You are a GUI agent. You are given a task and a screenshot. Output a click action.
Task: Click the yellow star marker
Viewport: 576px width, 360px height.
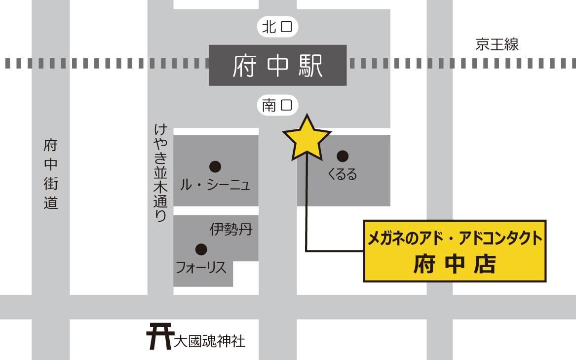coord(307,139)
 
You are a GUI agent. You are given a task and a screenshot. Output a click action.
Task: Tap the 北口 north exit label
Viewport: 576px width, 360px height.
coord(278,27)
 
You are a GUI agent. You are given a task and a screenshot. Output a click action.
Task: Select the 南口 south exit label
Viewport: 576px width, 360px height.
coord(278,105)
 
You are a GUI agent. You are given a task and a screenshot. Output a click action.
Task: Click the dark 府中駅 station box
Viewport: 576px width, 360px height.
coord(277,65)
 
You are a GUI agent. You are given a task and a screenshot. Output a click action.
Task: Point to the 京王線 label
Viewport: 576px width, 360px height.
coord(497,44)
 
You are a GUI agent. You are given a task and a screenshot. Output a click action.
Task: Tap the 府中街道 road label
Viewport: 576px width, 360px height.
coord(51,174)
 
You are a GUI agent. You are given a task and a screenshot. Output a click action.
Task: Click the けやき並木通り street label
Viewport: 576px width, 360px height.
coord(161,172)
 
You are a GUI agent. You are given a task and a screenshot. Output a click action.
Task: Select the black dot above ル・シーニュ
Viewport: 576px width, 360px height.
coord(215,166)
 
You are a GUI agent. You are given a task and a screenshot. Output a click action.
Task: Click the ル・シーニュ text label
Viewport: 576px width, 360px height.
coord(215,185)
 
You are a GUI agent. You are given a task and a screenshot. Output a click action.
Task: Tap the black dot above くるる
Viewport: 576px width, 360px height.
coord(343,157)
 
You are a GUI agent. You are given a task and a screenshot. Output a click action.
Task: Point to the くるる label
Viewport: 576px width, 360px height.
coord(342,174)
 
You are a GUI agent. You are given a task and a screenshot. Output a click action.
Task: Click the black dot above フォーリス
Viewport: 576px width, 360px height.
coord(201,249)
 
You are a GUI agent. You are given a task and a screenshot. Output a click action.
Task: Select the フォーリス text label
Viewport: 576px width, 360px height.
coord(201,268)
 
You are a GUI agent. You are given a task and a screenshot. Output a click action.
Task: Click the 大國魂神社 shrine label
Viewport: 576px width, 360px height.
coord(209,341)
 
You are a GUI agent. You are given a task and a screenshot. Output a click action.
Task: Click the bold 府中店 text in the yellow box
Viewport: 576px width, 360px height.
coord(455,264)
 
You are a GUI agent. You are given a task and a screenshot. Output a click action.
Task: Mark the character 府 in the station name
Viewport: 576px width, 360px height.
coord(244,65)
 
